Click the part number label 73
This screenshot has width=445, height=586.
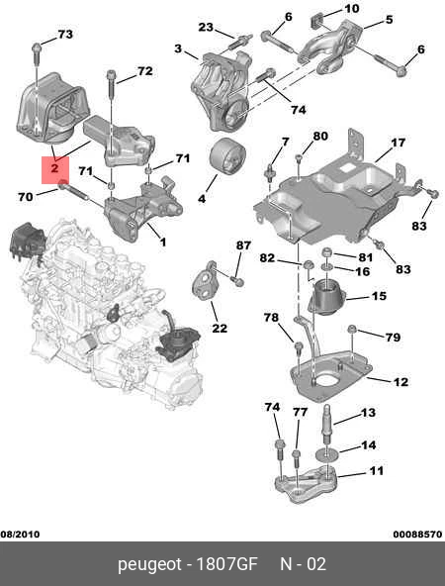click(x=65, y=35)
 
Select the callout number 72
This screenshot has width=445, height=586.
click(x=144, y=71)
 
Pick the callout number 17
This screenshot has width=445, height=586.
click(x=398, y=143)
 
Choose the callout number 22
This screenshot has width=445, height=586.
click(x=220, y=329)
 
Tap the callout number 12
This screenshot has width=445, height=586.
click(x=400, y=381)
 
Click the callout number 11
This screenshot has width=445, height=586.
click(x=376, y=471)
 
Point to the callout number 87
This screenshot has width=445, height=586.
click(x=243, y=244)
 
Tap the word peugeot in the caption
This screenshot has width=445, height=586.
click(x=147, y=565)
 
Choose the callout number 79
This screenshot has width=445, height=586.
click(x=393, y=338)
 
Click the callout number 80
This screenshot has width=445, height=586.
click(x=319, y=136)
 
